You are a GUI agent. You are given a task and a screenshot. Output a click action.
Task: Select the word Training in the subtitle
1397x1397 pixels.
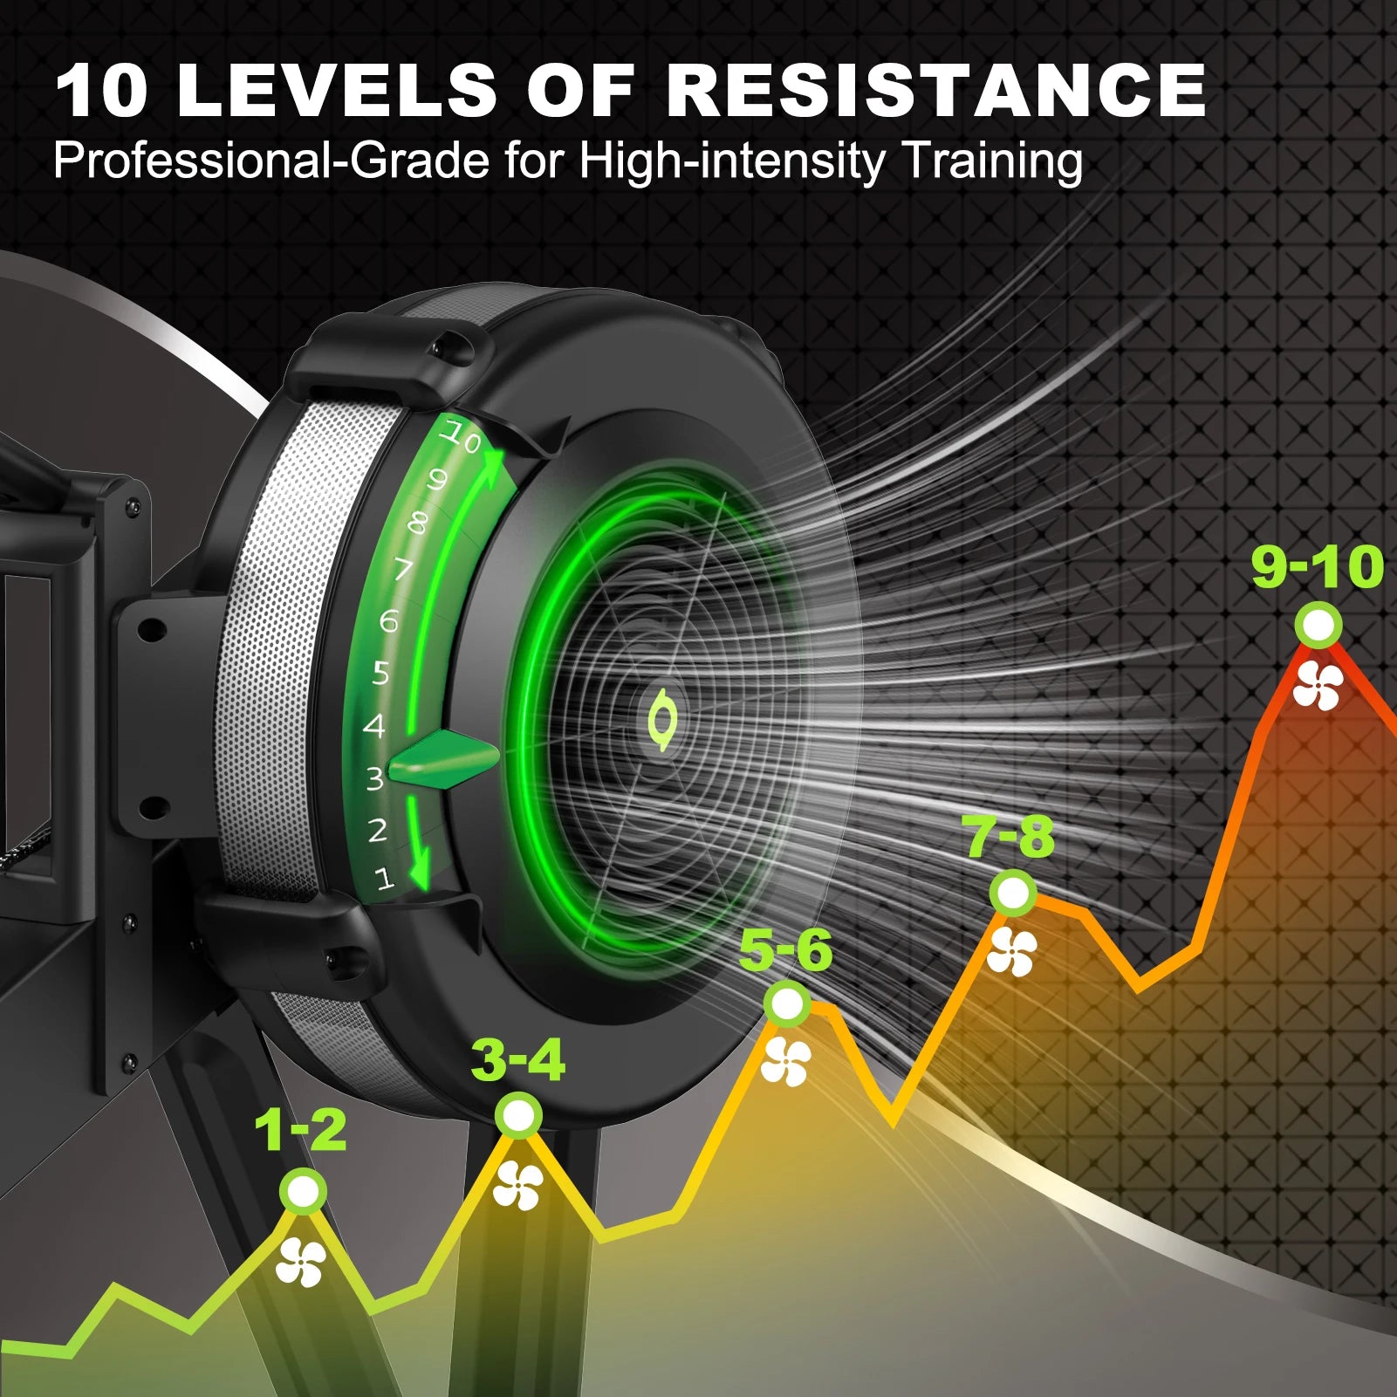click(991, 163)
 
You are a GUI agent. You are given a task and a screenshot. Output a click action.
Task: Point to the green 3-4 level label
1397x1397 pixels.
click(518, 1060)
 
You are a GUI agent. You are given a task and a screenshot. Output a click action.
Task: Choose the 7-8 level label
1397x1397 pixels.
click(1009, 836)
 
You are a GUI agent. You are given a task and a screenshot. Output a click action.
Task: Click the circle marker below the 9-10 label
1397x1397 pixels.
click(1318, 626)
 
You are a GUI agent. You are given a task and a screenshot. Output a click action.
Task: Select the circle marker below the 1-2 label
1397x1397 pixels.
click(303, 1191)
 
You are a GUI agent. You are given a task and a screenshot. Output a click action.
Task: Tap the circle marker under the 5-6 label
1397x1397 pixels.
click(787, 1004)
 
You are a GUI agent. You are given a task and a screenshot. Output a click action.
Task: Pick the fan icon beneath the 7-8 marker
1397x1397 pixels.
click(1012, 951)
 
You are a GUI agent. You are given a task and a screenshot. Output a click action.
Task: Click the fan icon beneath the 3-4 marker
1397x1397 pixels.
click(518, 1185)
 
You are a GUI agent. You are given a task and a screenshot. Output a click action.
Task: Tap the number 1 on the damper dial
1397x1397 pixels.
click(385, 878)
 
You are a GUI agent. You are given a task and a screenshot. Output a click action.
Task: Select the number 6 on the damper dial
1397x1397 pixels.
click(388, 620)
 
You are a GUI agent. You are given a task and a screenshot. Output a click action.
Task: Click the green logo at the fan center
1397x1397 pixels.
click(662, 719)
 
